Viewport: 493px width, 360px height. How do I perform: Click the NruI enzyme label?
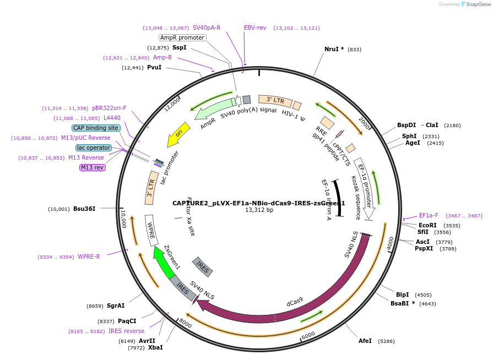(334, 49)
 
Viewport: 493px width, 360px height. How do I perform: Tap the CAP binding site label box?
(96, 128)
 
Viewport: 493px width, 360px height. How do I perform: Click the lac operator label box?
(94, 148)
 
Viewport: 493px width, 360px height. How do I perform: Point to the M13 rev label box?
(92, 167)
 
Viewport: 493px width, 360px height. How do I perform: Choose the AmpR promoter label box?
(182, 37)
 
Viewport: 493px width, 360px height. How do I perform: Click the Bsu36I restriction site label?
(84, 209)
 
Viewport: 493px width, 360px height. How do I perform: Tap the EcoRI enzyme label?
(427, 225)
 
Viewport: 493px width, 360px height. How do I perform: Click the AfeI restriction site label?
(365, 341)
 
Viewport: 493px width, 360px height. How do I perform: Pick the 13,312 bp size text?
(259, 210)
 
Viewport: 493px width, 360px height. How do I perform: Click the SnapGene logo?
(474, 4)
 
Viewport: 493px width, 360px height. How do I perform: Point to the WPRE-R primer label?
(89, 257)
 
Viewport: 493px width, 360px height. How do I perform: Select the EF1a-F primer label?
(429, 215)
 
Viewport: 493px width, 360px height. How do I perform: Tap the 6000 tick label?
(308, 335)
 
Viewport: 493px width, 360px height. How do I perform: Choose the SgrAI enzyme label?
(116, 306)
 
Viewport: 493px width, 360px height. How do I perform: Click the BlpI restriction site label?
(403, 294)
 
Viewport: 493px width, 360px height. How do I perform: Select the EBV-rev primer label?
(255, 28)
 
